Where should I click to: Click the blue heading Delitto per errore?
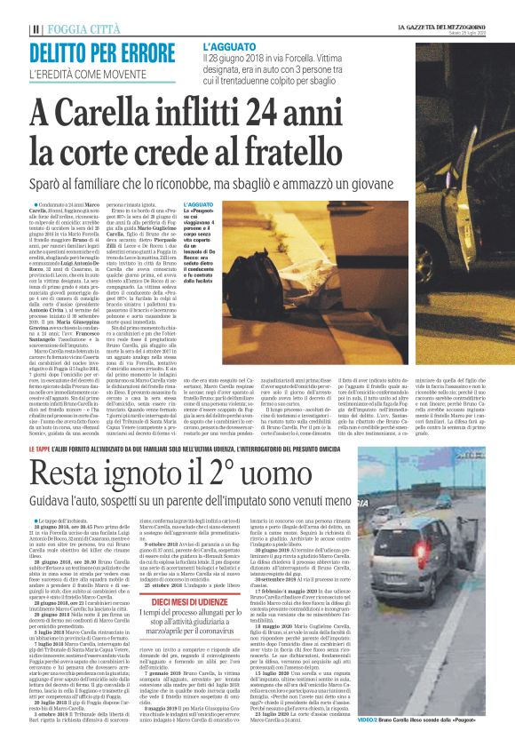(x=90, y=52)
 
